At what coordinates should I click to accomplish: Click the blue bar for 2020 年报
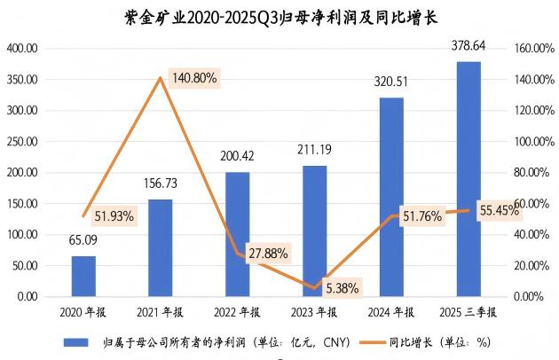[83, 276]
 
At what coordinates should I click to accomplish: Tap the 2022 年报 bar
[237, 234]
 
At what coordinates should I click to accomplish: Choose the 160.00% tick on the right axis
[533, 48]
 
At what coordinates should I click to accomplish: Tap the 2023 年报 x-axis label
[314, 312]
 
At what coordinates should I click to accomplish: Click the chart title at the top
[278, 17]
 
